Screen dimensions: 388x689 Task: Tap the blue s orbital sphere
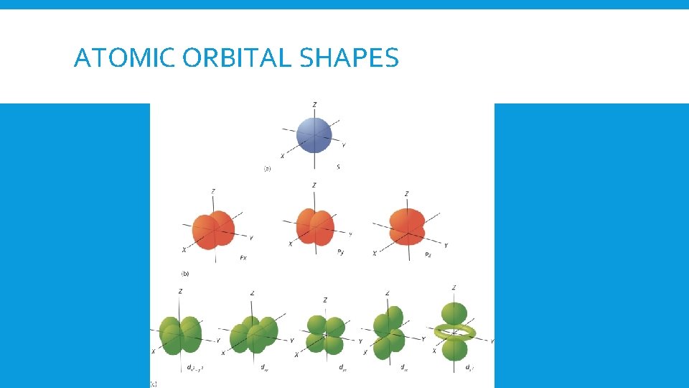click(314, 135)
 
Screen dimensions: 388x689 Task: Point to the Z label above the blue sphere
click(314, 106)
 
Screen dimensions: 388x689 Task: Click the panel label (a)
click(267, 169)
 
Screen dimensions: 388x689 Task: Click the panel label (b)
click(185, 274)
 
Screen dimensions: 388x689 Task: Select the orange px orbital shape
click(213, 230)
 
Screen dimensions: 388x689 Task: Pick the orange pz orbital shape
click(407, 226)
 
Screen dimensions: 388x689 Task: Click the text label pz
click(428, 254)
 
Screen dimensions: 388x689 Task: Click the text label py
click(340, 252)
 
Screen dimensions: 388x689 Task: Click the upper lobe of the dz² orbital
click(454, 313)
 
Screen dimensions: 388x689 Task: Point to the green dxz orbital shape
click(388, 332)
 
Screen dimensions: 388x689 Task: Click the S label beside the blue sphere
click(338, 167)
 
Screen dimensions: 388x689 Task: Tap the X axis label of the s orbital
click(282, 156)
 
